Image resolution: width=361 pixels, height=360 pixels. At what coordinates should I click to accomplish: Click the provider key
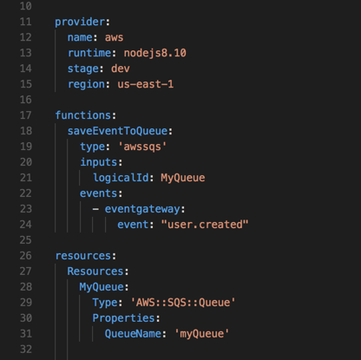(80, 22)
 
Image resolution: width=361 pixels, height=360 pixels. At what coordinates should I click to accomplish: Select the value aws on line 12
(114, 37)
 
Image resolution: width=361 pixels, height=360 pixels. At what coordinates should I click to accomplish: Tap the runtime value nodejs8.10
(155, 53)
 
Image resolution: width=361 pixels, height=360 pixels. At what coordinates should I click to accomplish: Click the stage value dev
(121, 69)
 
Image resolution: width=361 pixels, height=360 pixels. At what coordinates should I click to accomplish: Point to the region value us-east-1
(146, 84)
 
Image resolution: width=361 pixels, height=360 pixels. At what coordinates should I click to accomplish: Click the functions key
(83, 115)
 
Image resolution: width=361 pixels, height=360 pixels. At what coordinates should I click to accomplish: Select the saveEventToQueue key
(117, 131)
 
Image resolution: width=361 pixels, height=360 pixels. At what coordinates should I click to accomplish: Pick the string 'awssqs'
(142, 147)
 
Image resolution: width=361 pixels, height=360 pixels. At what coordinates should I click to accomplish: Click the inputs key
(99, 162)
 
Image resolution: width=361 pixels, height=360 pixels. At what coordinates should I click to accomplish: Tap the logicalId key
(121, 178)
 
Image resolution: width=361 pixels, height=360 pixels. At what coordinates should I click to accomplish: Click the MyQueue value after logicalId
(183, 178)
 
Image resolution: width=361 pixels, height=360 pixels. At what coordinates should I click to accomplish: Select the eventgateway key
(142, 209)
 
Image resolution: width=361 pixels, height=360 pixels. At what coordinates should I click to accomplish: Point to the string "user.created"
(205, 225)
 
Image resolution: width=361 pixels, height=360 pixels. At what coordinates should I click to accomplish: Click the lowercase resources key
(83, 256)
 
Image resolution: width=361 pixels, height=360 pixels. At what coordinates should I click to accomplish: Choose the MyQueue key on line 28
(102, 287)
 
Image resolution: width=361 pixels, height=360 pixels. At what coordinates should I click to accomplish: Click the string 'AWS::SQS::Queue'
(183, 303)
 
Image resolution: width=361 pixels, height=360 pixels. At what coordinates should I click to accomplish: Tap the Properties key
(124, 318)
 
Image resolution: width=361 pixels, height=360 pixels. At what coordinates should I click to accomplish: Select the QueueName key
(133, 334)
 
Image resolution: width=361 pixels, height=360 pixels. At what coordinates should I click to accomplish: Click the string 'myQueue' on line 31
(202, 334)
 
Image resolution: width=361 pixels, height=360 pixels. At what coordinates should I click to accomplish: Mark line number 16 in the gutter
(26, 100)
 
